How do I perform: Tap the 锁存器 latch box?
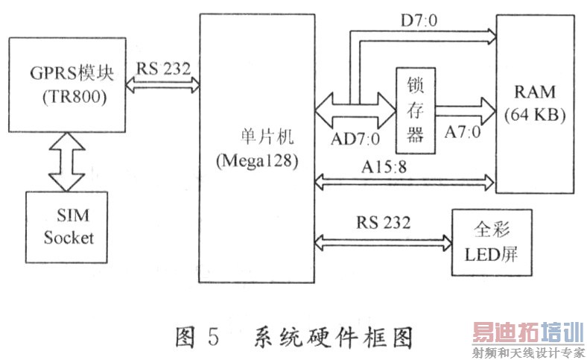[415, 111]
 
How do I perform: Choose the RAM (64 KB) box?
[534, 104]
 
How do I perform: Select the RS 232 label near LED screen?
[384, 222]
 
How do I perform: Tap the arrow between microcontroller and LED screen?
[384, 241]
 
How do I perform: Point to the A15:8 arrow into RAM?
[406, 180]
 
